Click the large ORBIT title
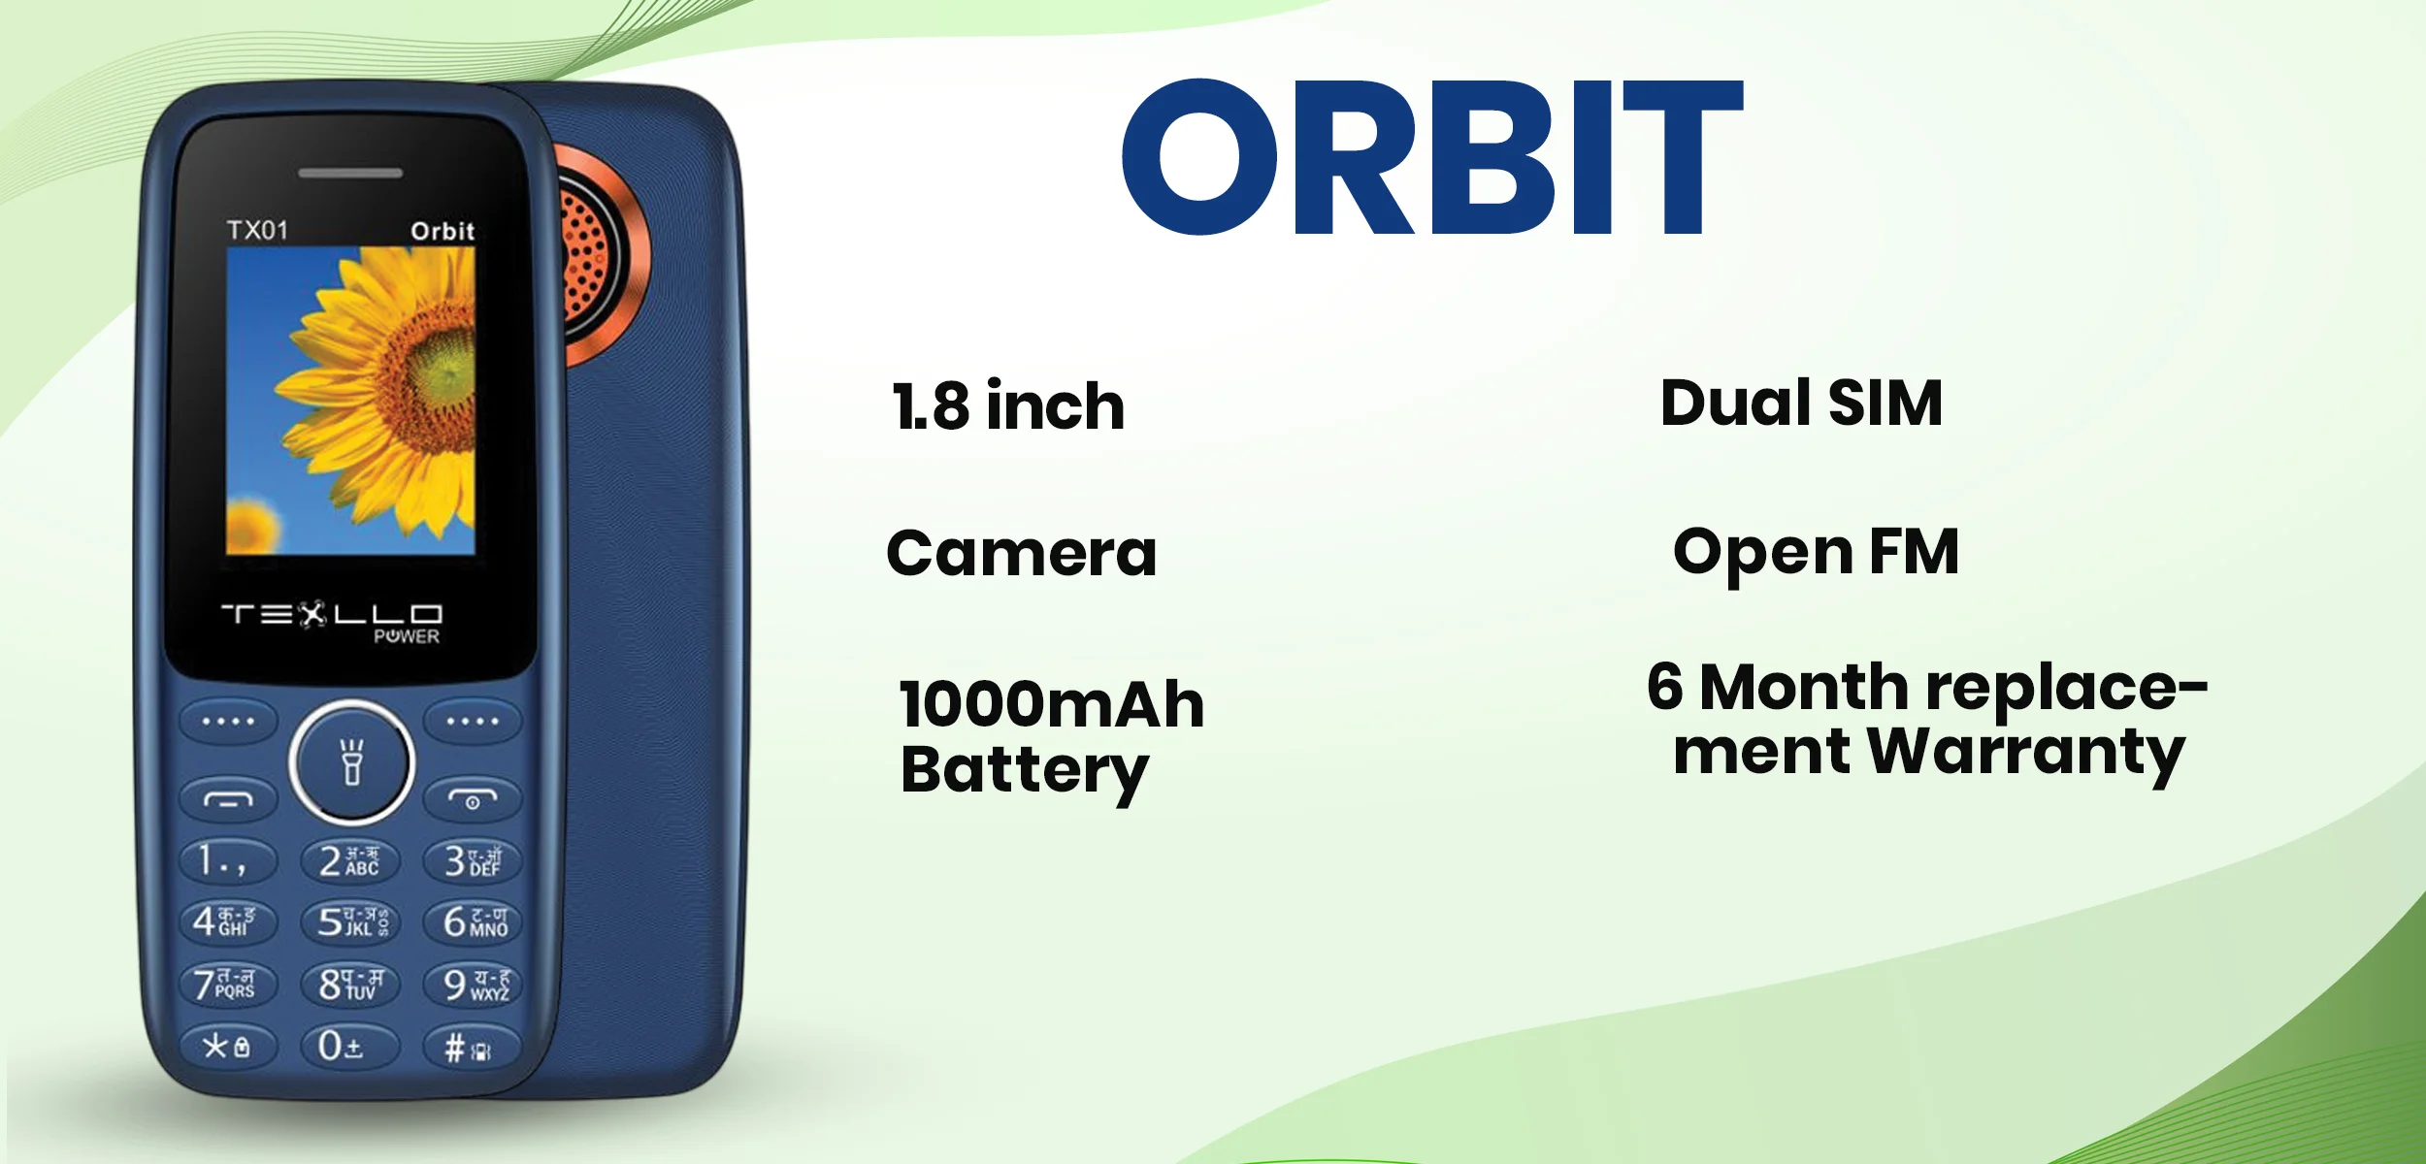coord(1431,157)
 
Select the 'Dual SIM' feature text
coord(1801,403)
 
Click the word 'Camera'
coord(1021,554)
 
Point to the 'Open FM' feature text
coord(1816,553)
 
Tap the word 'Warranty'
coord(2026,753)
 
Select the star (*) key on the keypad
coord(226,1047)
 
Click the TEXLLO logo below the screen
coord(331,615)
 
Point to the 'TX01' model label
coord(257,230)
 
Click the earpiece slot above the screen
coord(349,173)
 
